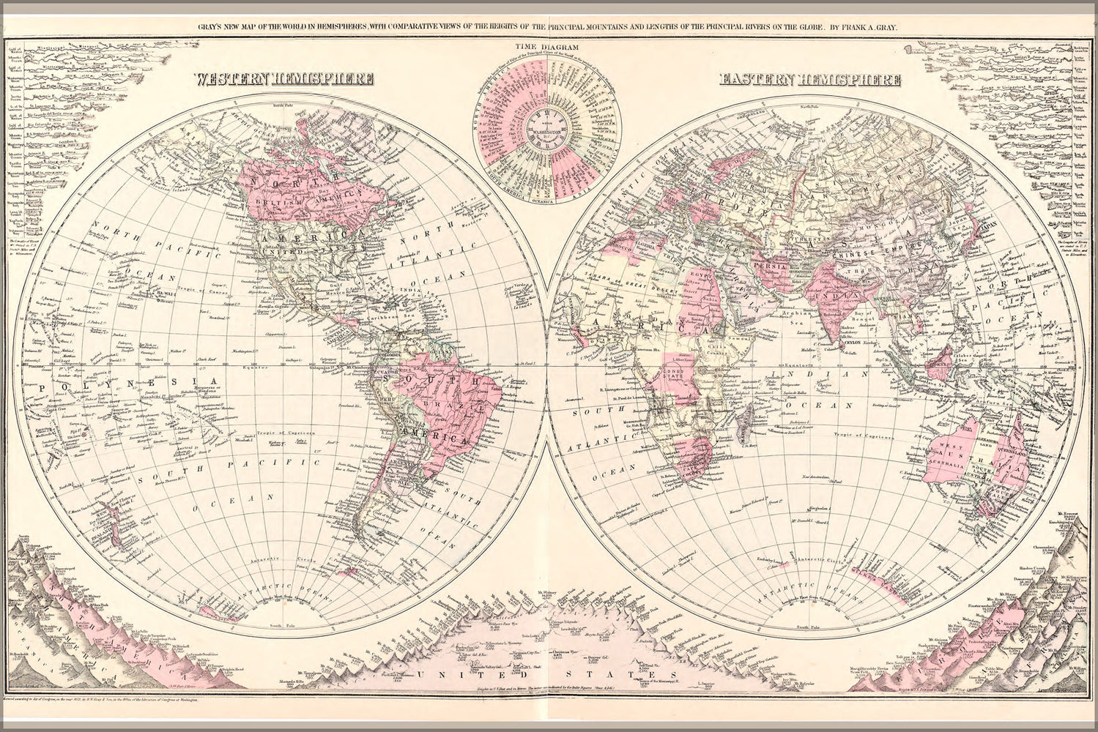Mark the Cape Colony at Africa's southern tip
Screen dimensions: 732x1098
coord(685,472)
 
